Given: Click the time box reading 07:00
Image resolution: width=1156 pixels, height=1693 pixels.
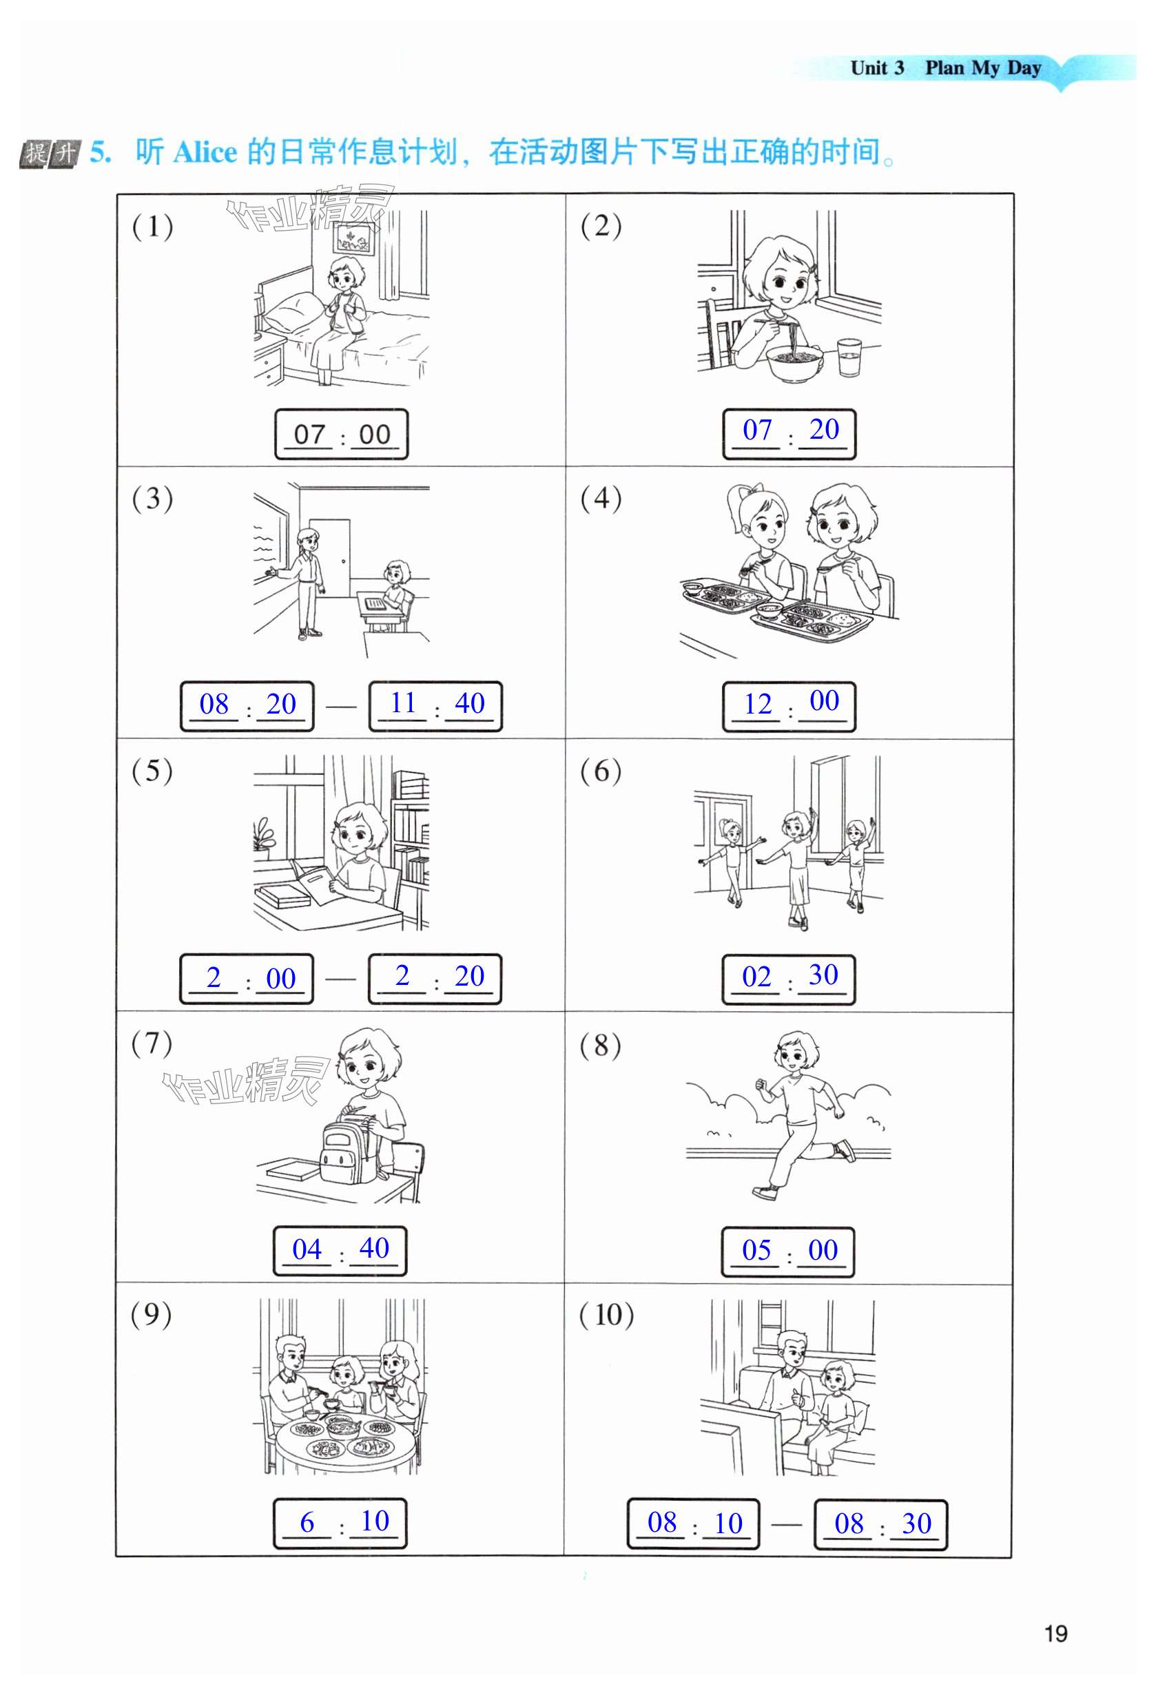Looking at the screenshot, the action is (x=341, y=434).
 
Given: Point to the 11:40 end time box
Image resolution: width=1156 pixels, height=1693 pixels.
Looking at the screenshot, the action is (x=435, y=705).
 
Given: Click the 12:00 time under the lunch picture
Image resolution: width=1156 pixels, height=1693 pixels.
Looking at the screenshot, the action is (x=789, y=705).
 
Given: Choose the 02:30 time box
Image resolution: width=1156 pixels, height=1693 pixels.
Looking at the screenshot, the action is (x=788, y=978).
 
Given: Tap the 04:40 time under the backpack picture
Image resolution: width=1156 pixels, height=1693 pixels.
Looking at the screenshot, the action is (x=340, y=1251).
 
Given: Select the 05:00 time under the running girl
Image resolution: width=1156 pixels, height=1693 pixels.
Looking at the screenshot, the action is (x=788, y=1251).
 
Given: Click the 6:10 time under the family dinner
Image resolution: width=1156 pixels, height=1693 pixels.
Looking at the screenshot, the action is (x=340, y=1524).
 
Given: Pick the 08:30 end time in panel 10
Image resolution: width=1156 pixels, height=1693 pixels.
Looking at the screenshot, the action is (x=880, y=1524).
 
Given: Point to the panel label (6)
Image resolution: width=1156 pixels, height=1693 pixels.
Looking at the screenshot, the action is (x=600, y=771).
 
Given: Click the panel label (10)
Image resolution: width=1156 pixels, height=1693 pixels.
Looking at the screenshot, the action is (x=606, y=1315).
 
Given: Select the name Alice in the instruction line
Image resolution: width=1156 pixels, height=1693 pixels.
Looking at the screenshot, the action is (x=205, y=152).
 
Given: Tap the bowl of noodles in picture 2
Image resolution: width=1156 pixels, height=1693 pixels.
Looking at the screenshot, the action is (x=794, y=362).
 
